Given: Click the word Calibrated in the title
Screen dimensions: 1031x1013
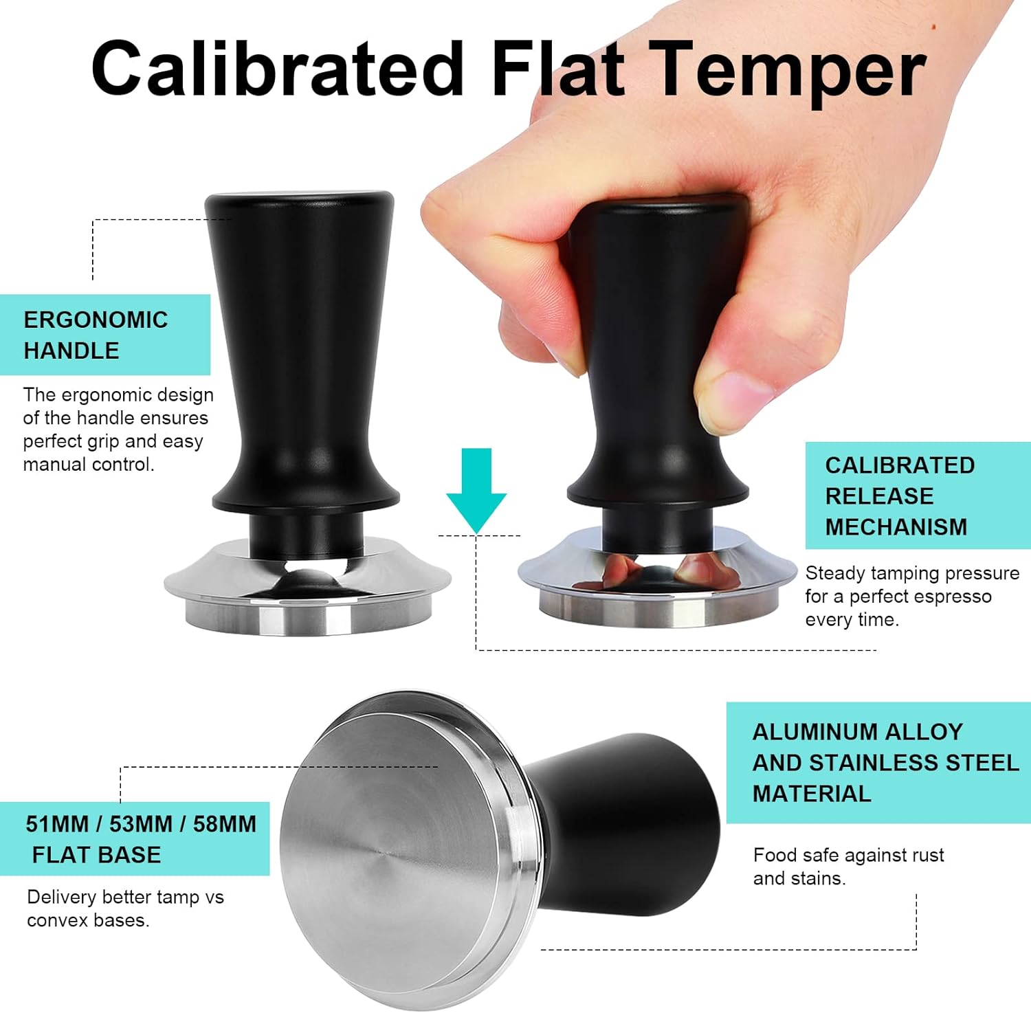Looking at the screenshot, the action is (278, 69).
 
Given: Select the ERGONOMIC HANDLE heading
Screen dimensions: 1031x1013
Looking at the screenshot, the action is (96, 335).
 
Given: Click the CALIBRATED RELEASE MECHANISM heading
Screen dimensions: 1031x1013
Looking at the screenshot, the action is (900, 496).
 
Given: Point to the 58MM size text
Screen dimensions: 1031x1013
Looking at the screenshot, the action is (224, 824).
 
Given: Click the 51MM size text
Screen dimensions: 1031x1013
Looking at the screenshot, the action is (58, 824).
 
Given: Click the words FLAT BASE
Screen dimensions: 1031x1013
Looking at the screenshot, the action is (96, 855).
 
